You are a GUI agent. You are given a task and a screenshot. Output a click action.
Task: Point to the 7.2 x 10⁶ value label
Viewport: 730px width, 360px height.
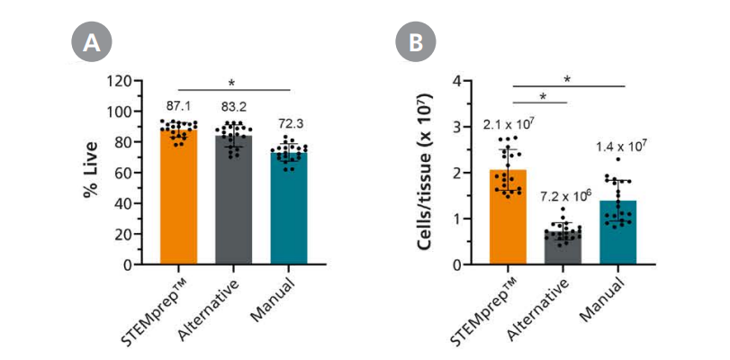(563, 196)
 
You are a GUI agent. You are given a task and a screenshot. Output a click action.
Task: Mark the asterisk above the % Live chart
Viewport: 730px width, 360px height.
(234, 84)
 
